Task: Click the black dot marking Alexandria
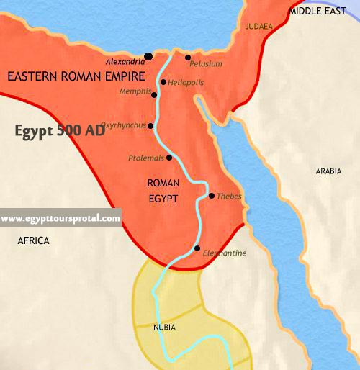148,55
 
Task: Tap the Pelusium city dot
187,58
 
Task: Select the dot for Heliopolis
163,82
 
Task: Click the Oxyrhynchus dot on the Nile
150,126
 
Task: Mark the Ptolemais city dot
169,157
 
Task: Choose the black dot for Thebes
211,195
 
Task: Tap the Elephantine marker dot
197,248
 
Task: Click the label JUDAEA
258,27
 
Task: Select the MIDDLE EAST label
318,12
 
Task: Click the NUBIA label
165,328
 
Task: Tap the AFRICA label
34,241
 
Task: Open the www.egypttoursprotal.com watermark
60,218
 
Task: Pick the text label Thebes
229,197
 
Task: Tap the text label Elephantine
225,253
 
